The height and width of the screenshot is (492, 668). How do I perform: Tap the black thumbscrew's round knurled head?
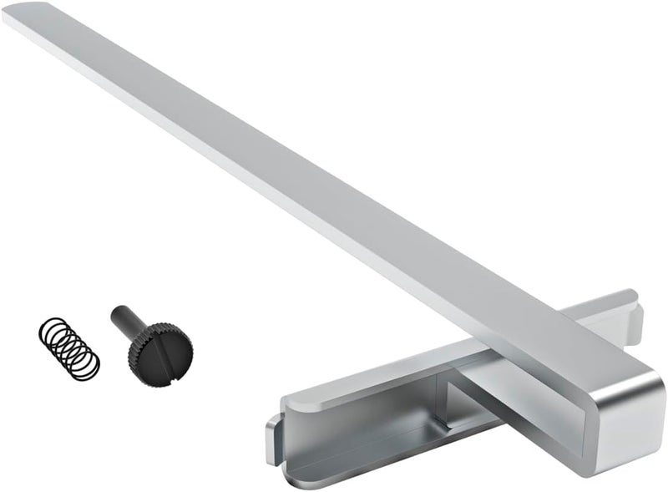[x=161, y=353]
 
